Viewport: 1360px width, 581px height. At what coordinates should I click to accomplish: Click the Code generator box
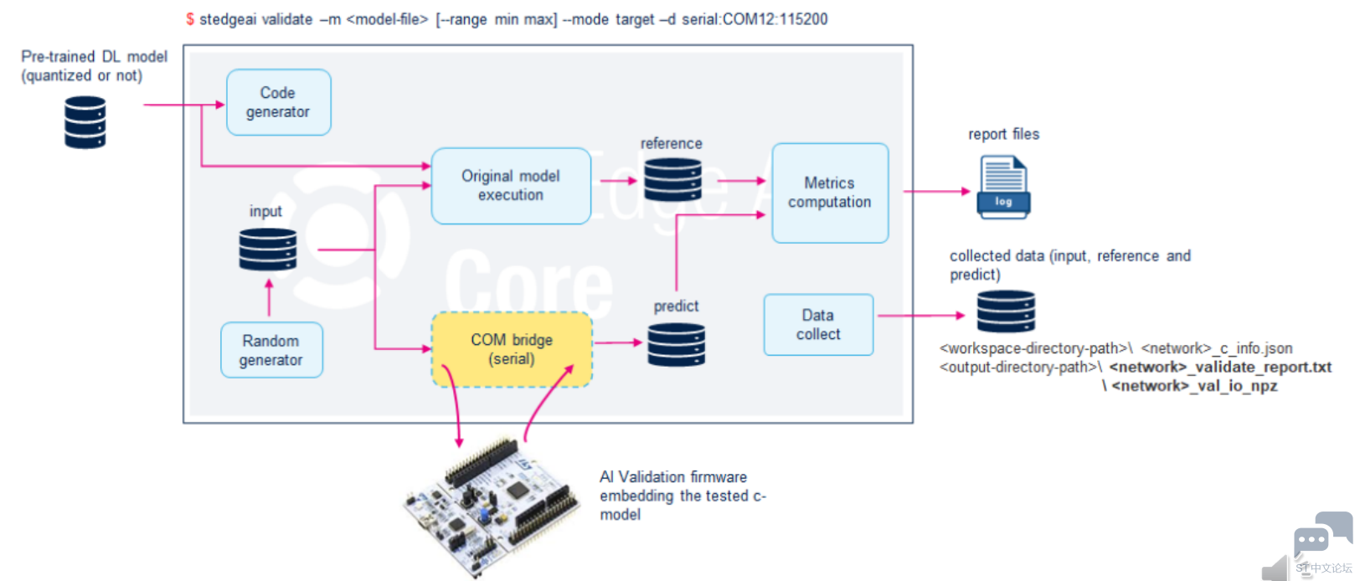[278, 102]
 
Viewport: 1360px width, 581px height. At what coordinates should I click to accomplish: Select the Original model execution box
[511, 186]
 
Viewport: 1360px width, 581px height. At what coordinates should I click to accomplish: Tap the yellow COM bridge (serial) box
[512, 349]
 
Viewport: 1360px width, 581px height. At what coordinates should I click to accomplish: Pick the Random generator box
[271, 350]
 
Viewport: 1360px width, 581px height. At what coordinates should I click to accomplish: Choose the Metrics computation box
[829, 193]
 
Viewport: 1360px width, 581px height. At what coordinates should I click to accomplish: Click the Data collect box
[818, 325]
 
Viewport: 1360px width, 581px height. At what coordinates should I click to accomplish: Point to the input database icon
[268, 249]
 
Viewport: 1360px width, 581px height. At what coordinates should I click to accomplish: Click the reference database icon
[672, 179]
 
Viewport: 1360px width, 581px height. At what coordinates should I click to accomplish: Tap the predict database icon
[676, 344]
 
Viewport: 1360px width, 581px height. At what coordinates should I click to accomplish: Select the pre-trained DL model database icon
[85, 122]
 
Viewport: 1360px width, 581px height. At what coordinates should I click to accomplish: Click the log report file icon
[1003, 188]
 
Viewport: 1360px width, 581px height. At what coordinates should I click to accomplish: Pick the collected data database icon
[1006, 311]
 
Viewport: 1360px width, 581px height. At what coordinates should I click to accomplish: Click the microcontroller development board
[492, 506]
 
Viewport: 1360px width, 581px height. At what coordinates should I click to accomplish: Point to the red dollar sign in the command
[190, 19]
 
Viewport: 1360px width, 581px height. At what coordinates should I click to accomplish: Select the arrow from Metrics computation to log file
[935, 192]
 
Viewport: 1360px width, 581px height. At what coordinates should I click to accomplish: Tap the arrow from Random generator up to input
[269, 297]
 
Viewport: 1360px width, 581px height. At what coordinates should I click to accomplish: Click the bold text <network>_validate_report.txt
[1220, 367]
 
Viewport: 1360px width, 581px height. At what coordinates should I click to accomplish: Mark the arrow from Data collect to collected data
[920, 316]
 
